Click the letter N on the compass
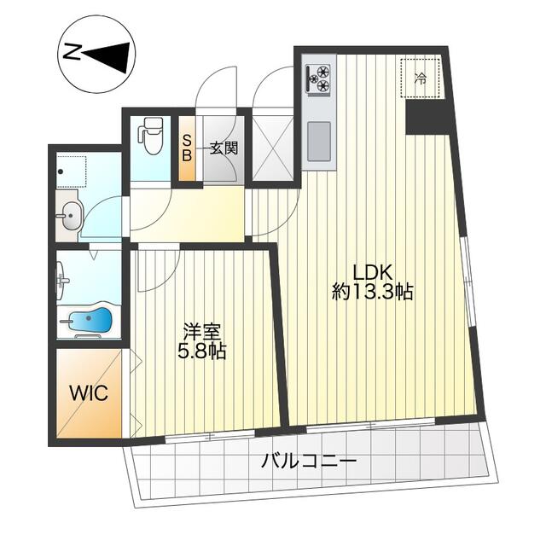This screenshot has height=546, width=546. [x=72, y=53]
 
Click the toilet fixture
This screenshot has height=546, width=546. [x=150, y=135]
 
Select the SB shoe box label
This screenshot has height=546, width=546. [x=187, y=148]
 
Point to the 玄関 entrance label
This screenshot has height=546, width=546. [x=224, y=148]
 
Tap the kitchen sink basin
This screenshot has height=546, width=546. [x=318, y=141]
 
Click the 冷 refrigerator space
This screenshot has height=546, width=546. [x=421, y=78]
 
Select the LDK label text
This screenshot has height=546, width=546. [x=373, y=272]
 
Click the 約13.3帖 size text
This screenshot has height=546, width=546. [x=372, y=292]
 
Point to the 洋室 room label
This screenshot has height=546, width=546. [x=202, y=332]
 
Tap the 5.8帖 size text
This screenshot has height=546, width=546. [x=202, y=351]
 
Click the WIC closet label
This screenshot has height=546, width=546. [x=89, y=393]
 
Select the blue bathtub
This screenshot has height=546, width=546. [x=89, y=319]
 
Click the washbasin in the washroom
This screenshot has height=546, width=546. [x=71, y=216]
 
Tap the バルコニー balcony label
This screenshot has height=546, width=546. [x=309, y=462]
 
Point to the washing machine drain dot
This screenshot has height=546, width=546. [x=61, y=171]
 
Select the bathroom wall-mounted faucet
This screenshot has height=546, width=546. [x=64, y=280]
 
